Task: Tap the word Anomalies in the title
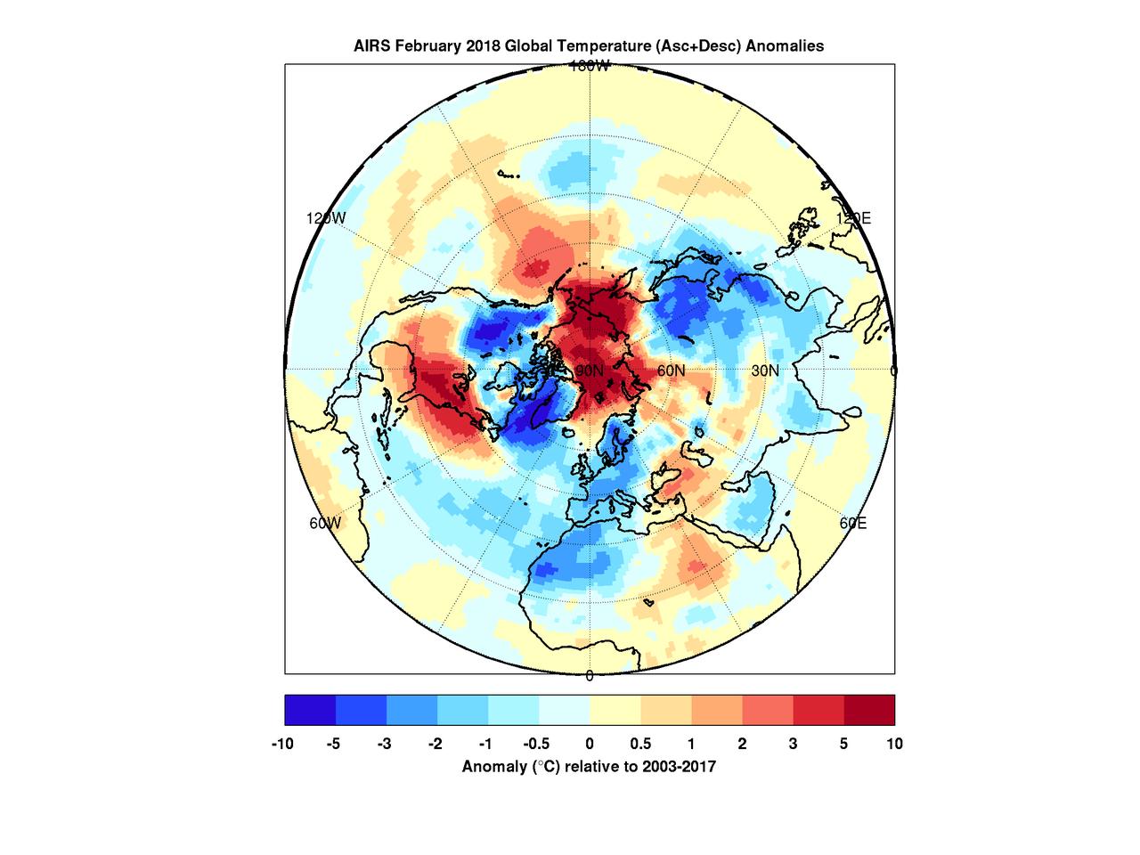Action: click(784, 46)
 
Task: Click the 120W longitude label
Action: click(326, 218)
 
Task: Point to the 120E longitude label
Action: click(852, 218)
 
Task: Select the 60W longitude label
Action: click(325, 523)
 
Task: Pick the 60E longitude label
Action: click(852, 523)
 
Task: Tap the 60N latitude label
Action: click(671, 370)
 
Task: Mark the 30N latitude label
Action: click(764, 370)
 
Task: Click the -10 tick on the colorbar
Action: click(283, 744)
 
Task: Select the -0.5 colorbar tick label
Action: click(536, 744)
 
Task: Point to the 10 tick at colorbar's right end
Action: click(894, 744)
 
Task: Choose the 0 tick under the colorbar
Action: click(590, 744)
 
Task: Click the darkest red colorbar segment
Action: click(869, 711)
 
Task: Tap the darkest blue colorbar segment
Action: click(310, 711)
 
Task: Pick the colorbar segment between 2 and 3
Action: click(767, 711)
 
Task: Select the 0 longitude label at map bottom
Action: click(590, 676)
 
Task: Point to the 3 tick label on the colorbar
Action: click(793, 744)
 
